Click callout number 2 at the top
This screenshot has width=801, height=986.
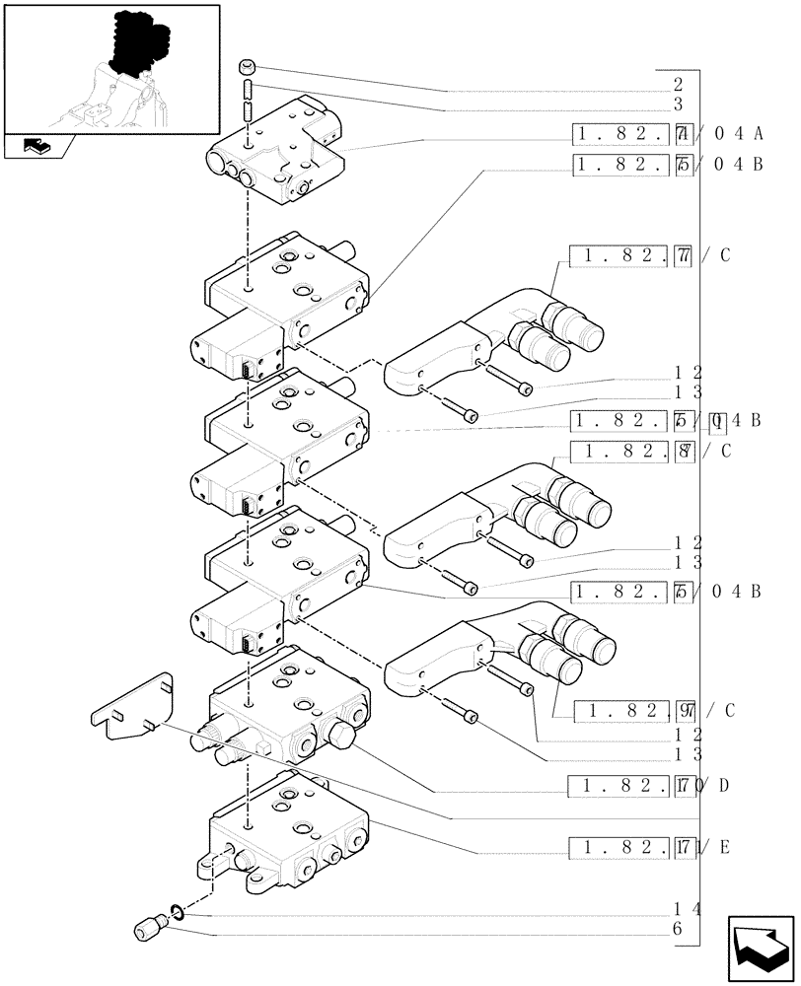click(678, 85)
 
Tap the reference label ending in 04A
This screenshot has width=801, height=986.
click(667, 134)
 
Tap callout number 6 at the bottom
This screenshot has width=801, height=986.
click(677, 929)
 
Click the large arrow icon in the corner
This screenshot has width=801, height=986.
click(760, 948)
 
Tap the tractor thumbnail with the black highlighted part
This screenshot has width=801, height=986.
click(110, 68)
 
